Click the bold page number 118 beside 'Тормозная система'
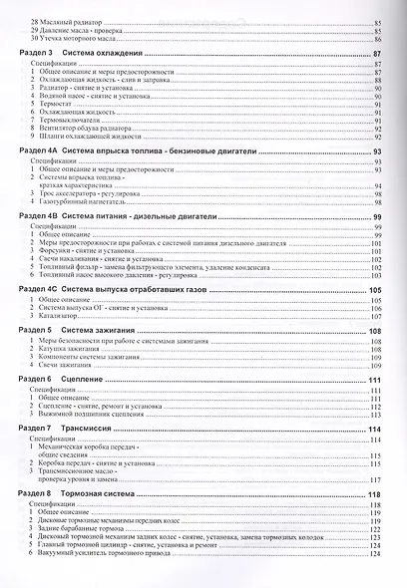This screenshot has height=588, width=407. (376, 494)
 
